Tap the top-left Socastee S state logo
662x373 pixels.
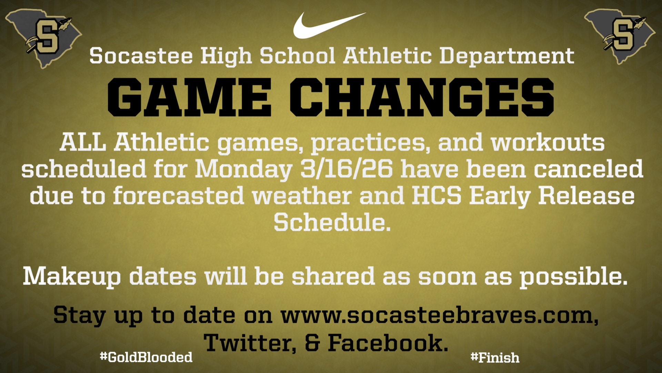coord(43,38)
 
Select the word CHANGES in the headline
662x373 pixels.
coord(422,97)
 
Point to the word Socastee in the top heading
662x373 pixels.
coord(141,56)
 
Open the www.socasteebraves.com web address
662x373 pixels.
coord(440,315)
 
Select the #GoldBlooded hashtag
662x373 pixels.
coord(146,357)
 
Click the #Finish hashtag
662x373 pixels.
coord(495,357)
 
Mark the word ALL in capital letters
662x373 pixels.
coord(83,142)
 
